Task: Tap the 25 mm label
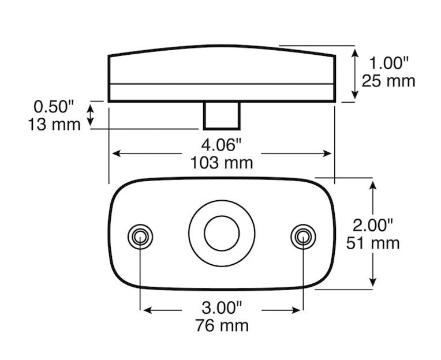pyautogui.click(x=388, y=81)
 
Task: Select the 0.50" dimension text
pyautogui.click(x=54, y=106)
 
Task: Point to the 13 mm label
pyautogui.click(x=54, y=124)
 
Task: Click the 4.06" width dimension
pyautogui.click(x=222, y=145)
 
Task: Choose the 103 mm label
pyautogui.click(x=222, y=163)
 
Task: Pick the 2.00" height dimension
pyautogui.click(x=373, y=224)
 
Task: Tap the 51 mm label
pyautogui.click(x=373, y=243)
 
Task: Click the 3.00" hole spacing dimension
pyautogui.click(x=222, y=306)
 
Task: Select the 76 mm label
pyautogui.click(x=222, y=325)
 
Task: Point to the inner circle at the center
pyautogui.click(x=222, y=234)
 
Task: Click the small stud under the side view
pyautogui.click(x=222, y=115)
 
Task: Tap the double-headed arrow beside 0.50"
pyautogui.click(x=90, y=114)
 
